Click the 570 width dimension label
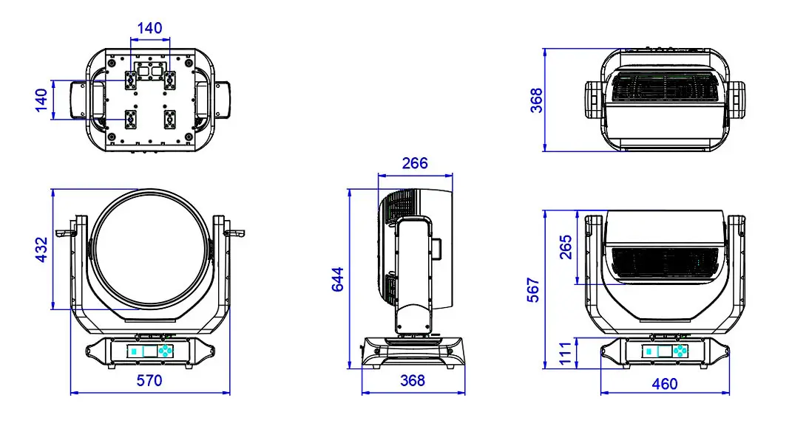(x=149, y=380)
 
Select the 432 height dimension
(x=41, y=250)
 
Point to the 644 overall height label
(x=337, y=279)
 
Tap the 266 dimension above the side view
(x=415, y=163)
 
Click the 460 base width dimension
(x=664, y=384)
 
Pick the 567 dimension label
(x=533, y=290)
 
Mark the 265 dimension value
(x=566, y=247)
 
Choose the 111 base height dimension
(x=566, y=353)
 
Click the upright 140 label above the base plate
(x=149, y=28)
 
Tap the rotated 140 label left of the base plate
(x=41, y=100)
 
